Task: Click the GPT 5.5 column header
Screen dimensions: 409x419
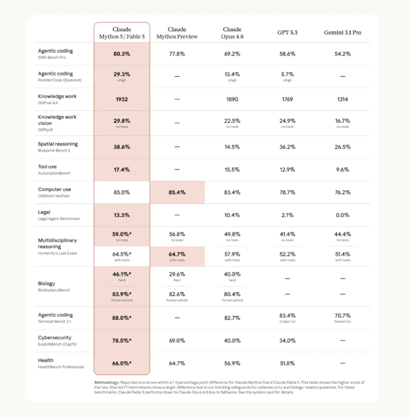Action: pos(287,33)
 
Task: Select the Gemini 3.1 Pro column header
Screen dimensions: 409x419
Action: pos(343,33)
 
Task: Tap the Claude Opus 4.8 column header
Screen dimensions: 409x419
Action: pos(232,33)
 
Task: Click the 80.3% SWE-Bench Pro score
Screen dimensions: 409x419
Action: pos(122,54)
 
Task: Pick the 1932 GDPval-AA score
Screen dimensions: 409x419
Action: pos(122,100)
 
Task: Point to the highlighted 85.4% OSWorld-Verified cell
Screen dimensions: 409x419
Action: pos(177,193)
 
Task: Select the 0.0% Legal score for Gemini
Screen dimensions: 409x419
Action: pos(343,215)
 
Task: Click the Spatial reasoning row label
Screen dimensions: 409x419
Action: pos(58,144)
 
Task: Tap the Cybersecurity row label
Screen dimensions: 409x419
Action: pos(55,338)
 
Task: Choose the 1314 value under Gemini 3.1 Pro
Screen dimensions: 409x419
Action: pos(343,100)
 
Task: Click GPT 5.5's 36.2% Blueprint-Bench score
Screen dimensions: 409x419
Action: pos(287,147)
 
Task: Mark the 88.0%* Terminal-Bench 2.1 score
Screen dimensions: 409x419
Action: pos(122,318)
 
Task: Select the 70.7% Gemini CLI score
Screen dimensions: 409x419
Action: pos(343,316)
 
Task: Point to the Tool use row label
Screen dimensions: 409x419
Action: pos(48,167)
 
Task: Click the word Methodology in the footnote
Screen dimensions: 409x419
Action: pos(107,383)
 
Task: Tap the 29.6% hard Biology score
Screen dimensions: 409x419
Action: pos(177,274)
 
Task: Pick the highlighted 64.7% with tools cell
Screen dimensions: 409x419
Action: pos(177,257)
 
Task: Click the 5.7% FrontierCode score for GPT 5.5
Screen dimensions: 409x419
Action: pos(287,74)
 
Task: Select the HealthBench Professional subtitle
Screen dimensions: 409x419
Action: pos(61,367)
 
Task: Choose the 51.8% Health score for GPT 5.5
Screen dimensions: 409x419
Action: pos(287,363)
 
